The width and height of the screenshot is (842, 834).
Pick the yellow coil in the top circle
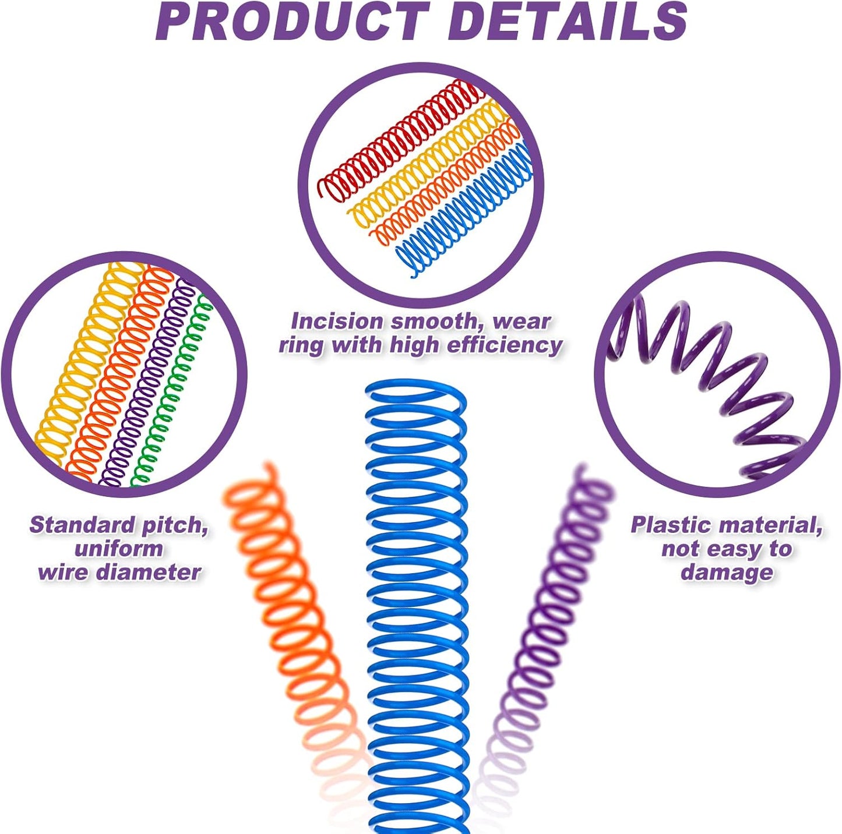[425, 166]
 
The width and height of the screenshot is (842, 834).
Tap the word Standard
[82, 525]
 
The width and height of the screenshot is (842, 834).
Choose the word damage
[727, 572]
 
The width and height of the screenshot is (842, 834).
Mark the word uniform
[119, 549]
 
